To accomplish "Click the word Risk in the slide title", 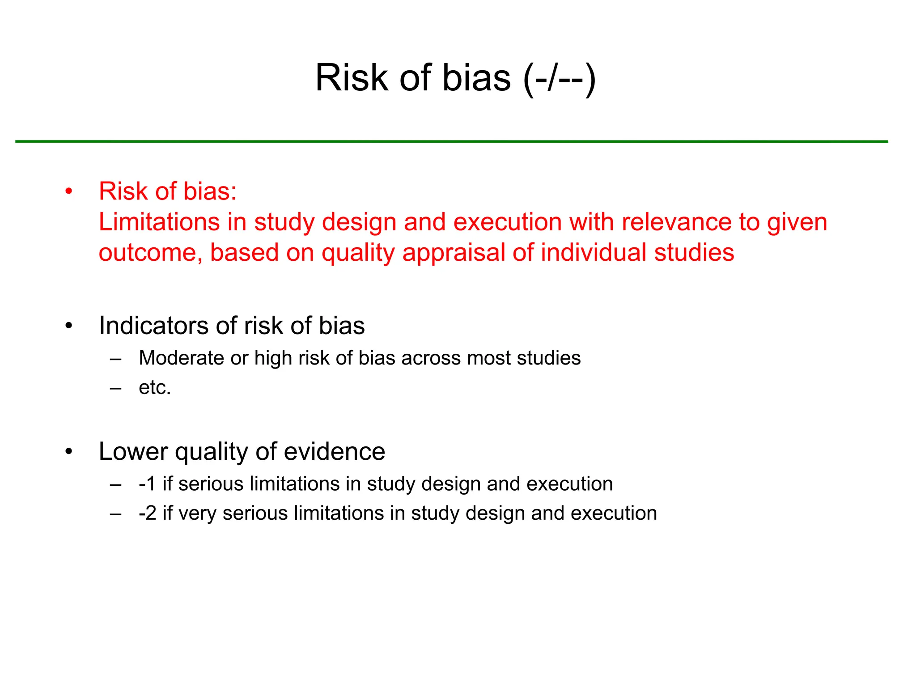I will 352,78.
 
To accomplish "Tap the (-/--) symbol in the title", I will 559,79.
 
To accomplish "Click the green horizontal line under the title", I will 452,141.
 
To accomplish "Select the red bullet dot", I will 68,192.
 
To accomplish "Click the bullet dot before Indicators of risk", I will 68,326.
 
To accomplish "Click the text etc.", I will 155,387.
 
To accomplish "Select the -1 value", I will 147,484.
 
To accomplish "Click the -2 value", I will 147,513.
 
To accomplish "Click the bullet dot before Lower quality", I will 68,452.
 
